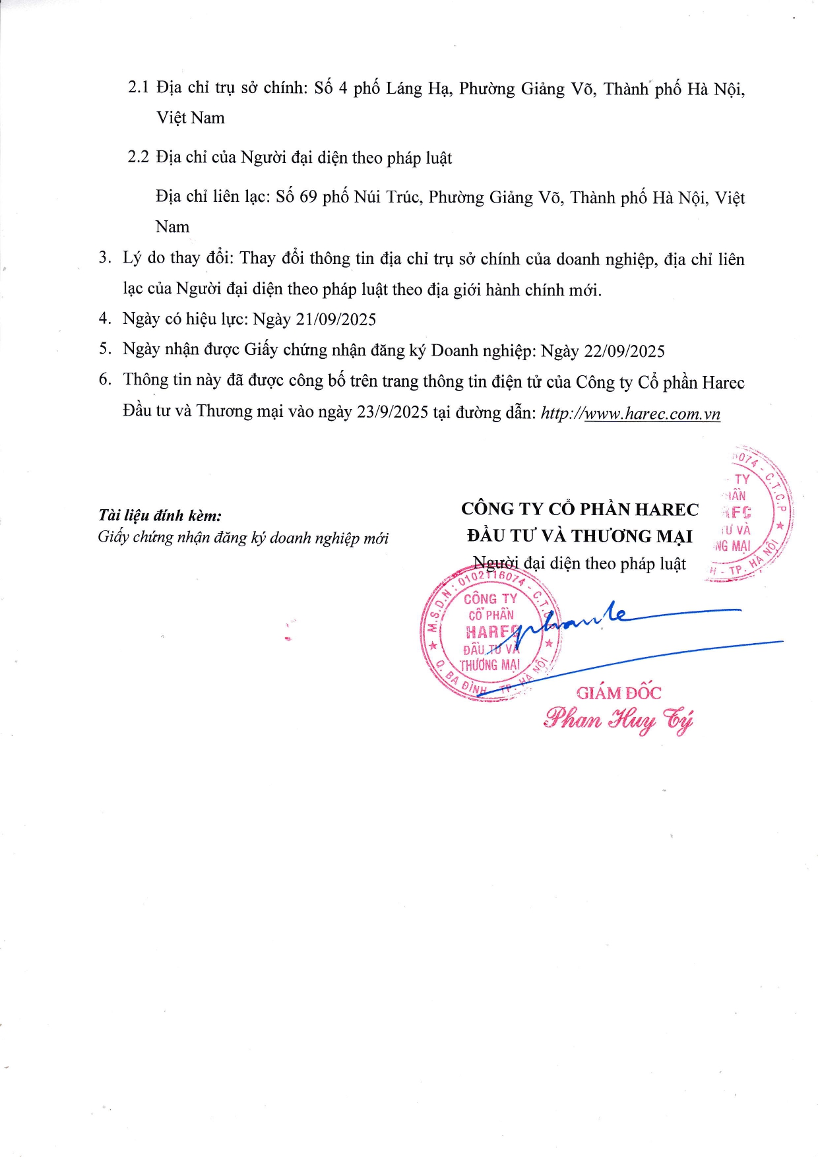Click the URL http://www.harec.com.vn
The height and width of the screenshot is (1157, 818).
[630, 414]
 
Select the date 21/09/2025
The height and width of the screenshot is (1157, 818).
[336, 319]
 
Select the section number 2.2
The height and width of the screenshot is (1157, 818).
[138, 157]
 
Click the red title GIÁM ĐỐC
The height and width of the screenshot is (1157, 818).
[618, 693]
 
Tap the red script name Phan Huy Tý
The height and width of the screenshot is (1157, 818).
[618, 720]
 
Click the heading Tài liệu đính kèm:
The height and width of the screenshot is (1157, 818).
[160, 515]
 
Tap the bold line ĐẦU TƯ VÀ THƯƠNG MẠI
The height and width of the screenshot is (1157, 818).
[579, 536]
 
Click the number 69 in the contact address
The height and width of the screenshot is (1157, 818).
[308, 197]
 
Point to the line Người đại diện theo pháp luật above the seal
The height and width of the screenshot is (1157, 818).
[579, 563]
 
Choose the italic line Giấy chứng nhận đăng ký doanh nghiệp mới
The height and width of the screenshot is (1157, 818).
[243, 538]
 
